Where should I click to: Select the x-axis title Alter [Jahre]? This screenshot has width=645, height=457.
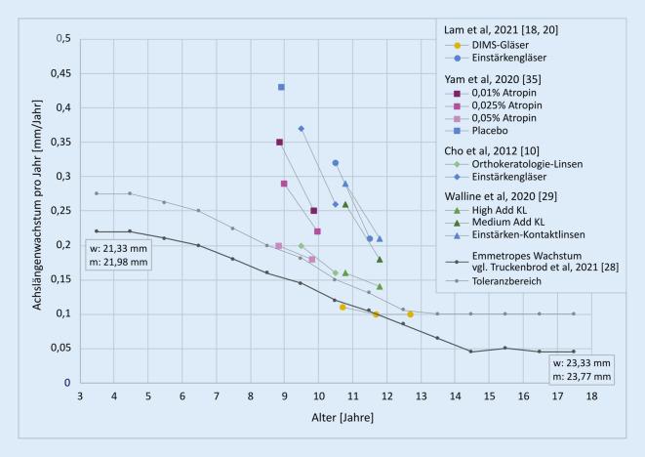click(x=336, y=418)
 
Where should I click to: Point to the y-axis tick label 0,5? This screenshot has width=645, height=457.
click(x=61, y=39)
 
